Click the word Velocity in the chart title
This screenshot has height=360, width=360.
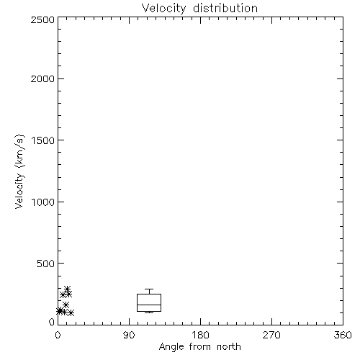[164, 9]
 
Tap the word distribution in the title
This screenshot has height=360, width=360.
[225, 8]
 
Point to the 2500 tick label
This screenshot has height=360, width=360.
[42, 19]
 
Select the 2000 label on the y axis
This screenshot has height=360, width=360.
[42, 78]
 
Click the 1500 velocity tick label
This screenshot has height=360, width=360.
[43, 140]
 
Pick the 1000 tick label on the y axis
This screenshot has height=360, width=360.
[43, 202]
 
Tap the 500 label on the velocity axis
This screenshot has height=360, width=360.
[46, 264]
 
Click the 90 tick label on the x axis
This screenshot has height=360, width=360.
[129, 335]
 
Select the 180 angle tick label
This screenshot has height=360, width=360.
[200, 335]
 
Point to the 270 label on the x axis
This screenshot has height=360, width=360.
[271, 335]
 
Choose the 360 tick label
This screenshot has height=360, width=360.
[343, 335]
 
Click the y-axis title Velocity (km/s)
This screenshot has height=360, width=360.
[19, 171]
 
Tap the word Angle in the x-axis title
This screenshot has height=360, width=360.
[171, 347]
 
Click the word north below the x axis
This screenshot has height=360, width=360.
[229, 346]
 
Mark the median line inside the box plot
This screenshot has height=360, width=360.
[149, 305]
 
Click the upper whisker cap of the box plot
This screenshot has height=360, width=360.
[149, 289]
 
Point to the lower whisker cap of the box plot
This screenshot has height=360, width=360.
[149, 312]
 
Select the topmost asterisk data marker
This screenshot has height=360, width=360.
[68, 289]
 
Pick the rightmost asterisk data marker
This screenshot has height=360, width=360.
[71, 312]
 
